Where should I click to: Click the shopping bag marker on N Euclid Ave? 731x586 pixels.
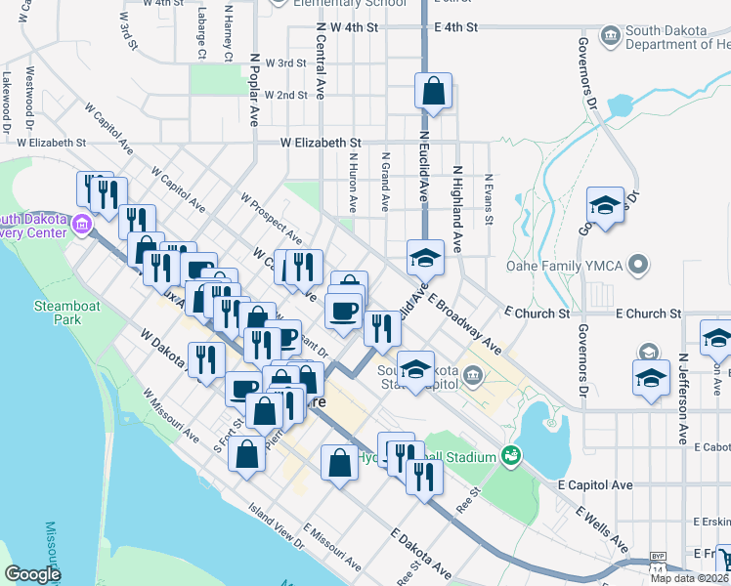[433, 93]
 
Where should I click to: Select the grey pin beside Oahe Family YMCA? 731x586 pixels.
[639, 264]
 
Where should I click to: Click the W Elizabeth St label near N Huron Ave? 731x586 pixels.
[320, 143]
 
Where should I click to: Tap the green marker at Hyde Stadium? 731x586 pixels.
[508, 455]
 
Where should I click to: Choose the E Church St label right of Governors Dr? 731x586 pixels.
[649, 314]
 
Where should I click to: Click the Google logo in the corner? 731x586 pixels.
[32, 574]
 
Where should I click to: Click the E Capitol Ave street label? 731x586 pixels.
[595, 484]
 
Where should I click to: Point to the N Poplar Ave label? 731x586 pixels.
[254, 89]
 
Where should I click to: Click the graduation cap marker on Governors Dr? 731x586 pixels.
[605, 207]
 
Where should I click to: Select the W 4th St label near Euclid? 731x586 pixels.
[354, 28]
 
